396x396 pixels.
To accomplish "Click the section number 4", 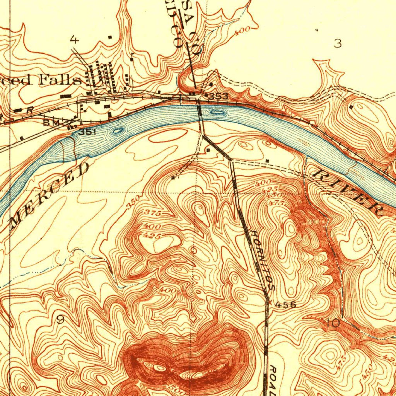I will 74,39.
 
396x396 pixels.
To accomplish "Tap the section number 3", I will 338,44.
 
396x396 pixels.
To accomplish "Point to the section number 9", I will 61,319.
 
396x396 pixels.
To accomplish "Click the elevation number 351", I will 87,132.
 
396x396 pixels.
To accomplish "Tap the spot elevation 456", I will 285,305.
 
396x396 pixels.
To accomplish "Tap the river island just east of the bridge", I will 217,112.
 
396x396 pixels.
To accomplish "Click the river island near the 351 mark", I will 118,131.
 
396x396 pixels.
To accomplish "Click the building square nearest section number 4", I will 110,37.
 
